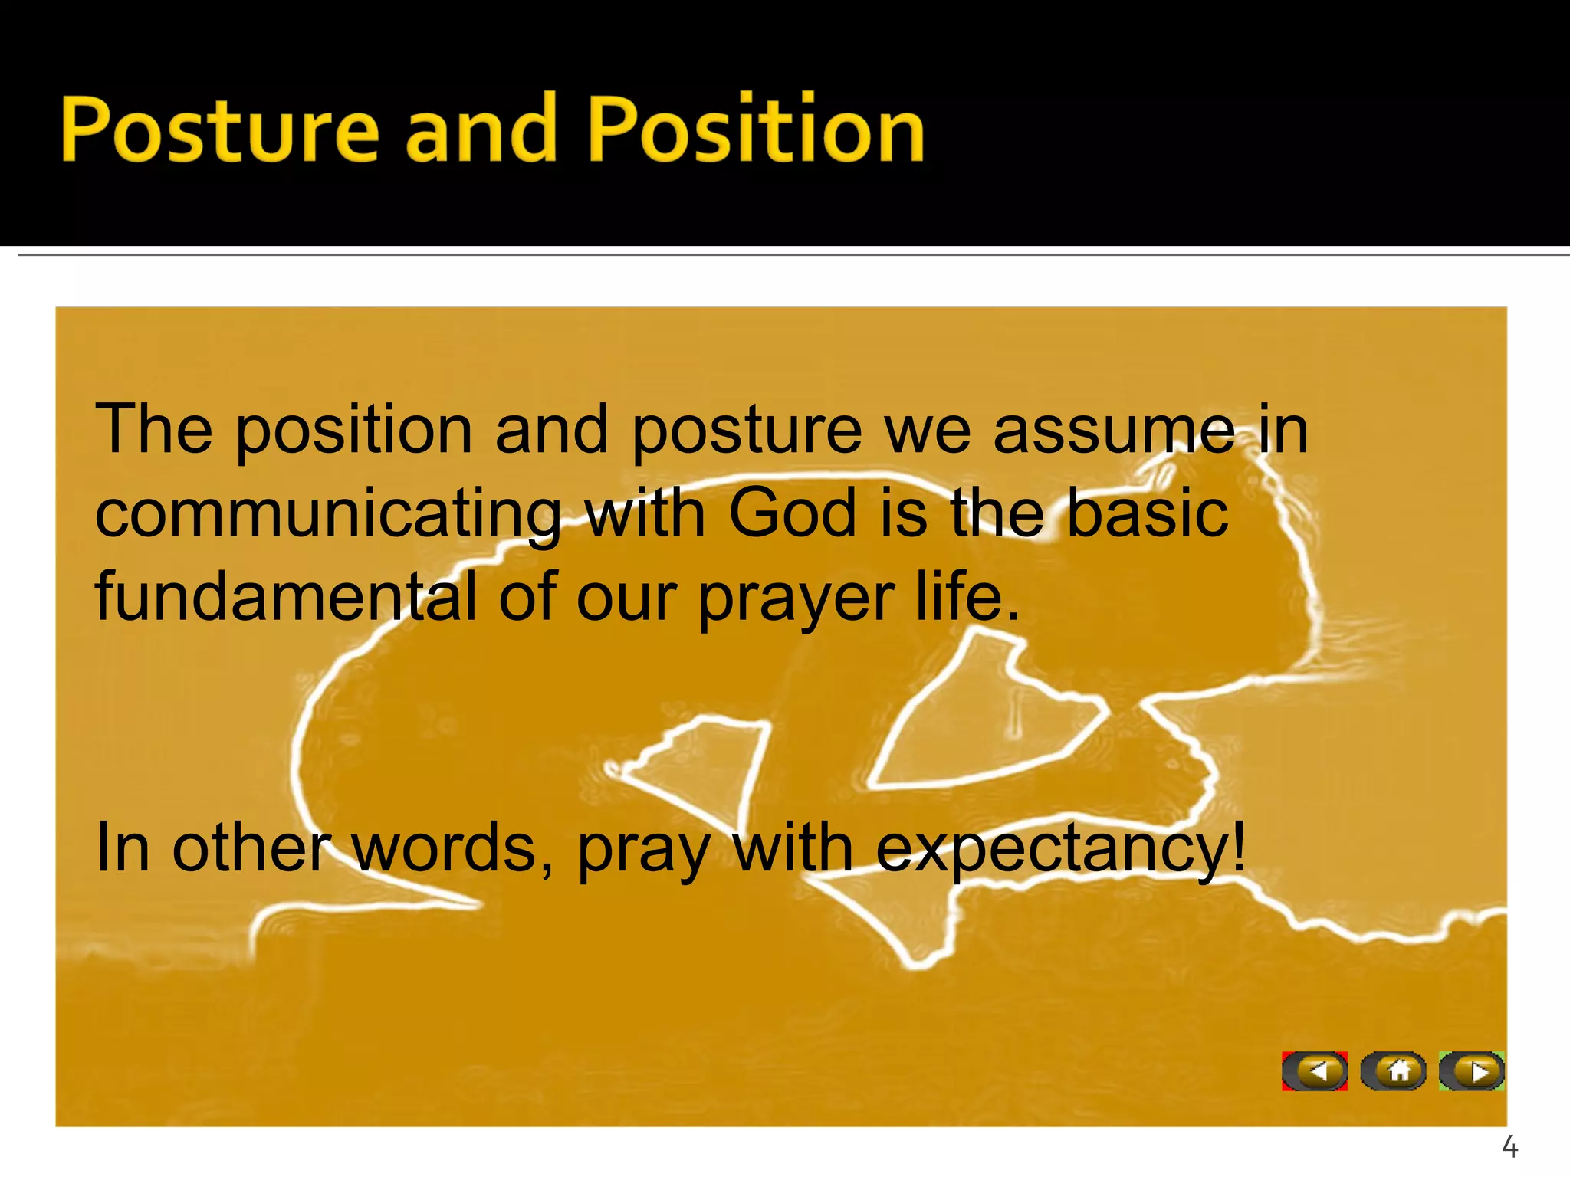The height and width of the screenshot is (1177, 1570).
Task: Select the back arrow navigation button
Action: (1315, 1071)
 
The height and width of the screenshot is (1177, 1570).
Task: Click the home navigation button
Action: (1394, 1071)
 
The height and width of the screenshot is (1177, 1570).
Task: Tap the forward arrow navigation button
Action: (1472, 1071)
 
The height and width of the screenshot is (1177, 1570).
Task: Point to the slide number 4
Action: (1509, 1147)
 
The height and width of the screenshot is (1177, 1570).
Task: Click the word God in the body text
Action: (791, 513)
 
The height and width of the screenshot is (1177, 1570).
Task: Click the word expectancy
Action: (1061, 849)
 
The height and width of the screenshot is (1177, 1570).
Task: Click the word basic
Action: (1148, 513)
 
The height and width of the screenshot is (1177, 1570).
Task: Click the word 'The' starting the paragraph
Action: (153, 429)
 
